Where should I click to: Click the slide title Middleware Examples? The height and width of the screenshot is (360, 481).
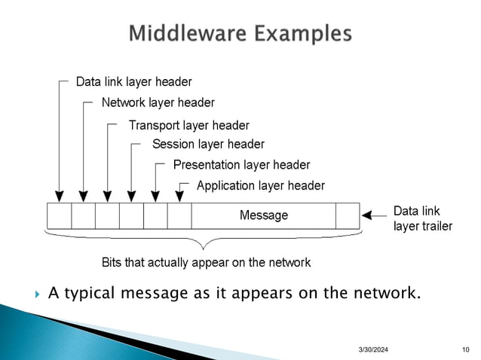240,34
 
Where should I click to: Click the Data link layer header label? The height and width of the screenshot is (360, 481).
133,81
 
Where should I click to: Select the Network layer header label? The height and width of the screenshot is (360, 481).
158,102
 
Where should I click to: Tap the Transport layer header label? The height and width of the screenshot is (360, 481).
188,125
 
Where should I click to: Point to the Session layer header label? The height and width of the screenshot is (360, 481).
208,144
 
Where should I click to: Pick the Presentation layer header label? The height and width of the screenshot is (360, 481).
241,164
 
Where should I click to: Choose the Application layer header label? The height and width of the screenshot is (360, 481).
260,185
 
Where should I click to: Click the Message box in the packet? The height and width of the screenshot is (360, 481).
263,215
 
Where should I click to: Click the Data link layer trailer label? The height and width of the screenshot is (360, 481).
422,218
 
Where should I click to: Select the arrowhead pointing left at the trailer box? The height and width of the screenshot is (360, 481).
367,215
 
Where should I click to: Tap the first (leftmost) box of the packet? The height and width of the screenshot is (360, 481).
59,215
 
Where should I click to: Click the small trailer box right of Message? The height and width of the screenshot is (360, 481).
348,215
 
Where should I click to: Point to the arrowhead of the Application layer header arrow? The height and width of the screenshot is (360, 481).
179,198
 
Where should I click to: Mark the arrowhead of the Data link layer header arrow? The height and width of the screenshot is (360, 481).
59,198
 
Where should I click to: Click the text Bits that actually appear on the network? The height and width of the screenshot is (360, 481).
206,263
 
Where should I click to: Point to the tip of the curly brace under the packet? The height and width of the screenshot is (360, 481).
202,248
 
